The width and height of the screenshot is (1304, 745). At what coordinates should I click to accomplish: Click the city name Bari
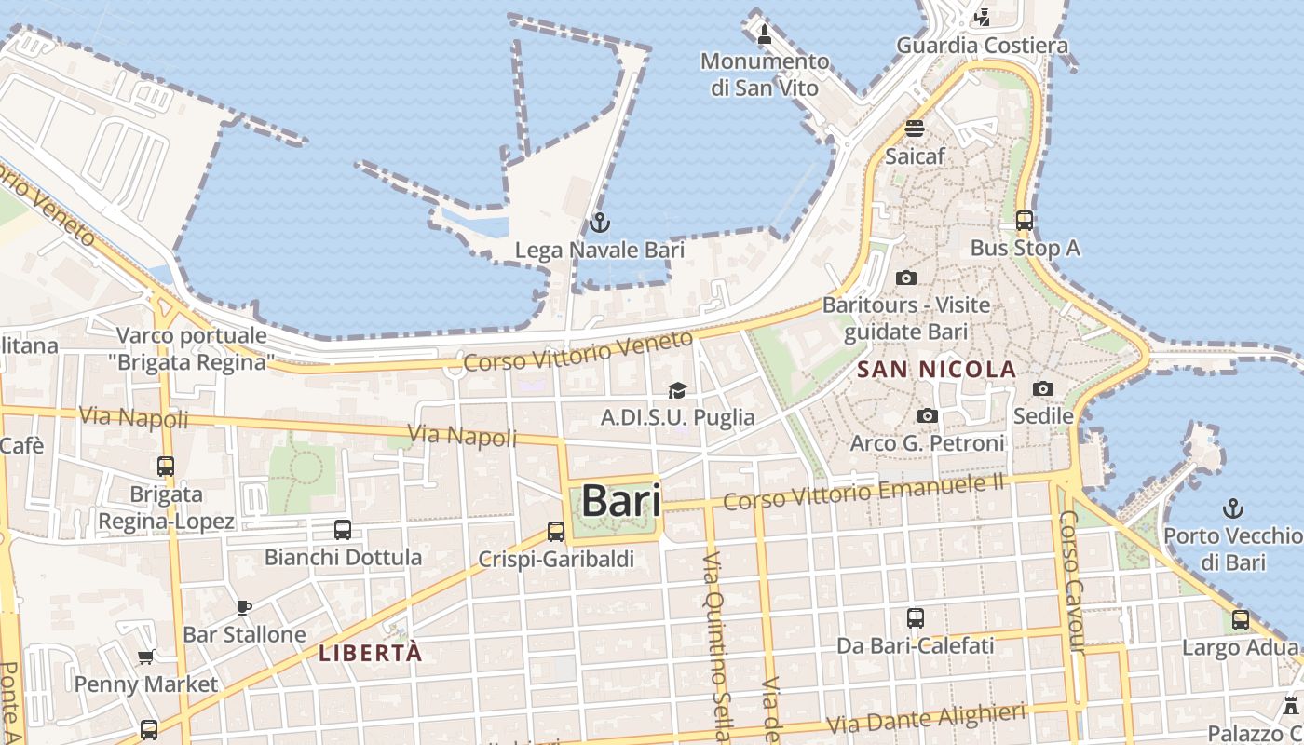click(x=621, y=501)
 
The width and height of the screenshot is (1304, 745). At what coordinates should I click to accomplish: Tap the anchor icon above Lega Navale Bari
click(x=600, y=223)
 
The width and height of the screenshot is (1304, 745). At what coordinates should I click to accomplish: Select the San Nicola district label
click(x=936, y=370)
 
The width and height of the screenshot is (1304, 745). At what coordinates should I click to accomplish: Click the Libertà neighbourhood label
click(x=371, y=653)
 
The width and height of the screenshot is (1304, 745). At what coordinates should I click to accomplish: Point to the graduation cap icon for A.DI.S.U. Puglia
click(x=677, y=390)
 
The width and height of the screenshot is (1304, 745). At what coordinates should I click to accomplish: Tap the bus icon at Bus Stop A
click(x=1025, y=221)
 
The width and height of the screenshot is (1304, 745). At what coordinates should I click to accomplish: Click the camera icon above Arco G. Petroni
click(x=927, y=416)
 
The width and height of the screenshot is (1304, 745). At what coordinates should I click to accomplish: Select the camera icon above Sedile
click(x=1043, y=388)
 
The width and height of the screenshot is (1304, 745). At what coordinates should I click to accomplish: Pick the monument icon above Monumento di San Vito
click(x=765, y=35)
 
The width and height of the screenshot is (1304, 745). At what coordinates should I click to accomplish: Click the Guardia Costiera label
click(x=982, y=45)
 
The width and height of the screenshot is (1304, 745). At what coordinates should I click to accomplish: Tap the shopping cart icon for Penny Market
click(x=146, y=657)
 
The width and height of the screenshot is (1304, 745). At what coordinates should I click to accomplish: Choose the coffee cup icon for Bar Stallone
click(x=244, y=607)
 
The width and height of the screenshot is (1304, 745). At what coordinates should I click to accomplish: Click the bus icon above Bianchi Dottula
click(x=343, y=530)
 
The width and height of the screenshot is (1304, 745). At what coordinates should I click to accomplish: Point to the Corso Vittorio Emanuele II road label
click(x=864, y=493)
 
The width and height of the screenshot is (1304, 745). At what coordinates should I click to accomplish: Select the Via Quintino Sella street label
click(x=714, y=643)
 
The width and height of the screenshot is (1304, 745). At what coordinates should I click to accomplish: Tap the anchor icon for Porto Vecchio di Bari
click(x=1233, y=508)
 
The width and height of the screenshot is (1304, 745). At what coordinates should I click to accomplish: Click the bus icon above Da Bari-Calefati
click(x=916, y=617)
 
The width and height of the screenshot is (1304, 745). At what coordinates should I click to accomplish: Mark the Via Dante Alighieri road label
click(x=926, y=719)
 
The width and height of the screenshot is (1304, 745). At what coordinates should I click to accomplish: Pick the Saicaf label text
click(x=915, y=156)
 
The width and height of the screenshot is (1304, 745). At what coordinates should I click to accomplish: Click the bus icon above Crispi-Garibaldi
click(x=556, y=531)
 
